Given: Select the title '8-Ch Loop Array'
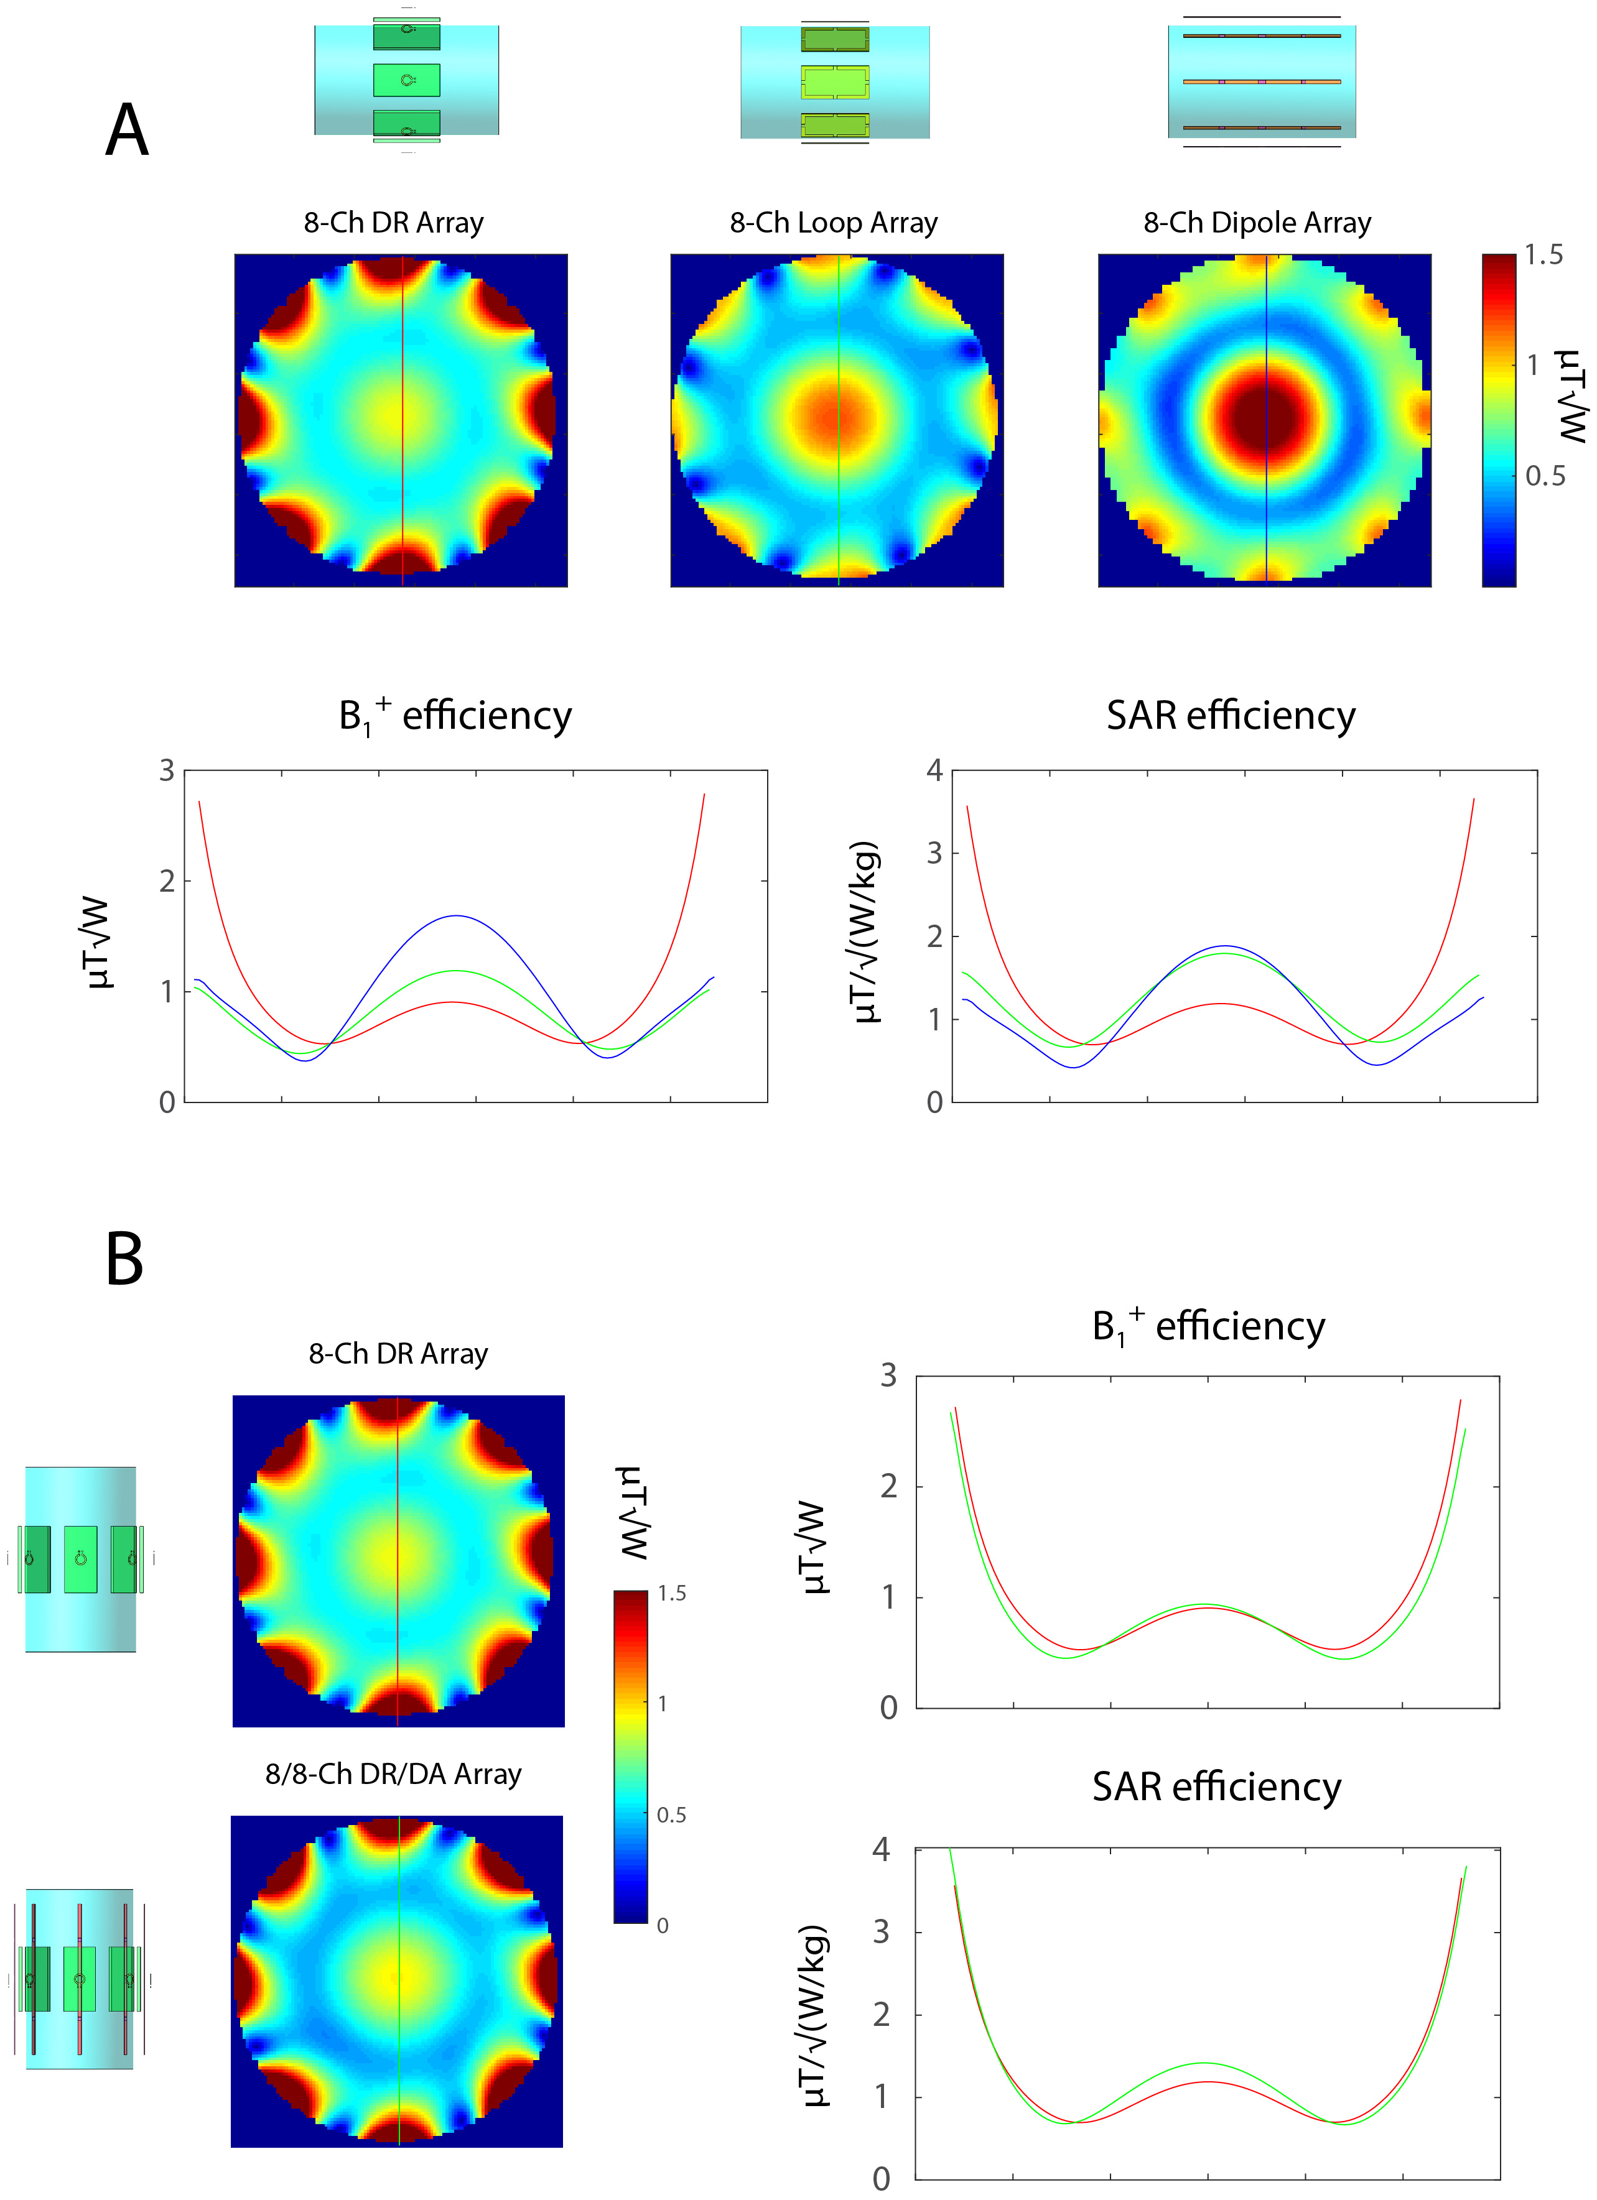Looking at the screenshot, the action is tap(834, 223).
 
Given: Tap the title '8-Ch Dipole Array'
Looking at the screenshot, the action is tap(1257, 223).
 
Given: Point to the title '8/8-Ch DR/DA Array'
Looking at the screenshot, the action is tap(393, 1774).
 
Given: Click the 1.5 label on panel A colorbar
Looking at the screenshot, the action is tap(1543, 255).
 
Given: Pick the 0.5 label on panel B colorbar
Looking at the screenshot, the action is tap(671, 1815).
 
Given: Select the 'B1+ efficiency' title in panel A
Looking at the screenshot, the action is tap(455, 716).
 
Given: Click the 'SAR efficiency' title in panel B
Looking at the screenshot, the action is tap(1217, 1786).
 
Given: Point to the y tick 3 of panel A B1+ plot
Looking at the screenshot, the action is tap(167, 770).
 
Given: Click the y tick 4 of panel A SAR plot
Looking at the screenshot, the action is tap(934, 770).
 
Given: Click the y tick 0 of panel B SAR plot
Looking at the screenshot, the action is tap(881, 2179).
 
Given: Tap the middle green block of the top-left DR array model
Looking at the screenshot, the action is tap(406, 80).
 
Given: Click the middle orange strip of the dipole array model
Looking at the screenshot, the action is tap(1261, 81).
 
